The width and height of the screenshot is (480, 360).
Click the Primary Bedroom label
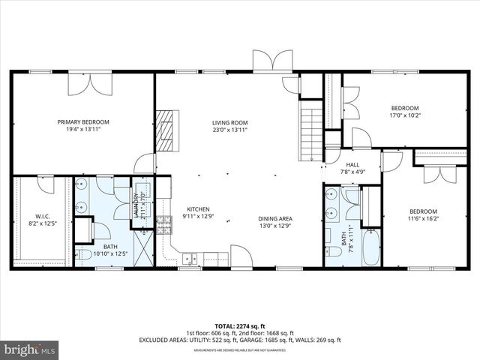click(84, 121)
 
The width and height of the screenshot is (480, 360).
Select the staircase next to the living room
click(310, 133)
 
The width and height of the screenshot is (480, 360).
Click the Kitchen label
click(198, 209)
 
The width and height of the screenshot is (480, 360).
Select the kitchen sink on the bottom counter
click(190, 259)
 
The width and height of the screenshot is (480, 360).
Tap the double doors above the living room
click(271, 60)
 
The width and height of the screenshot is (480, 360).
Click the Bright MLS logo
click(30, 349)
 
